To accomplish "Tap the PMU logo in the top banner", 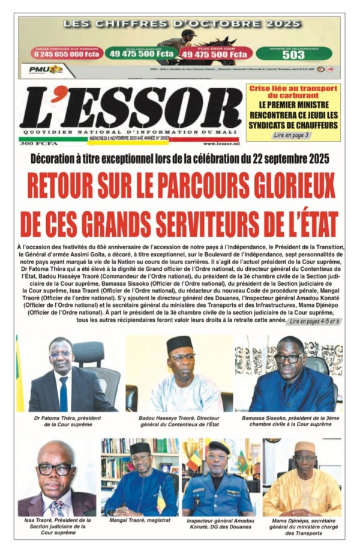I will (x=46, y=70).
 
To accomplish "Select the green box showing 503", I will (x=293, y=53).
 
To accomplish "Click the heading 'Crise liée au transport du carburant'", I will (x=293, y=93).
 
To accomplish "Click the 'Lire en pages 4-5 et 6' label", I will (x=313, y=322).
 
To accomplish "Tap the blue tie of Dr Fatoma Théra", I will (x=64, y=393).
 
